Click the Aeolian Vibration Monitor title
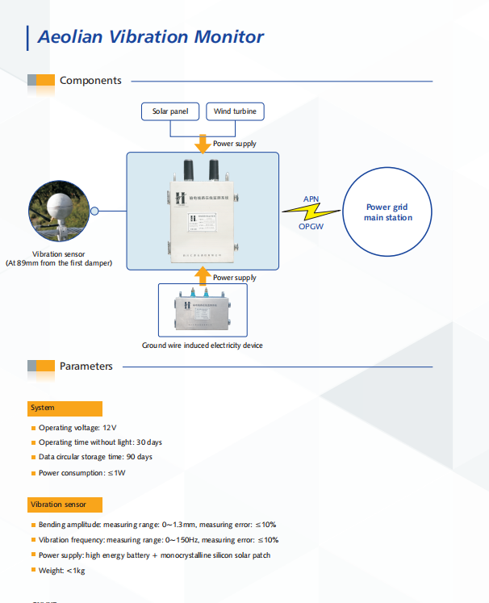[151, 36]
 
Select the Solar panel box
[170, 111]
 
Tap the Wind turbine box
[235, 111]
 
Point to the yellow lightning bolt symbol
[311, 212]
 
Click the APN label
[311, 199]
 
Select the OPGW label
[311, 227]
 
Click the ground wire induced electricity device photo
[202, 311]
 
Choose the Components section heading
[90, 81]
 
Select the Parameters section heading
[86, 366]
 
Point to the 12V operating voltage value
[110, 427]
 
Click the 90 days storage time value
[138, 457]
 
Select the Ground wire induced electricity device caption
[203, 345]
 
